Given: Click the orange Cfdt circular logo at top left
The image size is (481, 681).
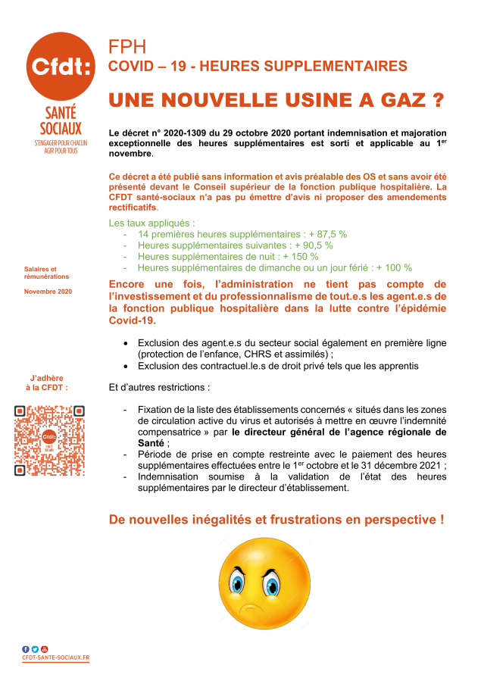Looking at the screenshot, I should click(61, 66).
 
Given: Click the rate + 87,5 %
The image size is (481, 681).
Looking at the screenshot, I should click(328, 234).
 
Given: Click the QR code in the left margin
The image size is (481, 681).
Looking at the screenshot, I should click(49, 440).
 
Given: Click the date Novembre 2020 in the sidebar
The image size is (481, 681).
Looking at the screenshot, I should click(48, 292).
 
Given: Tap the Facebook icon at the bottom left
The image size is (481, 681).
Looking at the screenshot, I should click(26, 649).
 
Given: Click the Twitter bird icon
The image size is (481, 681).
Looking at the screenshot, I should click(35, 649).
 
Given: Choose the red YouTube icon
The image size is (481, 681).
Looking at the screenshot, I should click(44, 649).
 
